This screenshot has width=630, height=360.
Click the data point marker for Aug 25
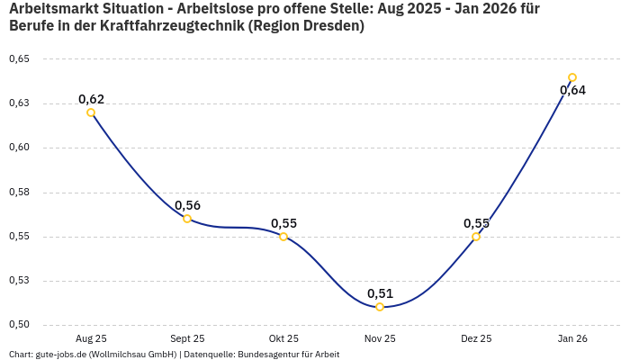pyautogui.click(x=91, y=112)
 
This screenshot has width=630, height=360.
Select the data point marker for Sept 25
pyautogui.click(x=187, y=219)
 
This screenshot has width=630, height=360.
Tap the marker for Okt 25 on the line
pyautogui.click(x=283, y=237)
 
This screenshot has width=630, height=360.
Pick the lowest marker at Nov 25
pyautogui.click(x=380, y=307)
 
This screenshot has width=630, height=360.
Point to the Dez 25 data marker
pyautogui.click(x=476, y=237)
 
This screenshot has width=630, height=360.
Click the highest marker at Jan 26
pyautogui.click(x=572, y=77)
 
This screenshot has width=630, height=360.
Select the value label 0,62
pyautogui.click(x=91, y=99)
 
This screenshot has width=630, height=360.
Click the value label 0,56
pyautogui.click(x=187, y=205)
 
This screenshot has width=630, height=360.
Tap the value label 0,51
pyautogui.click(x=380, y=293)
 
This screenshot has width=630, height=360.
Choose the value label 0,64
pyautogui.click(x=572, y=90)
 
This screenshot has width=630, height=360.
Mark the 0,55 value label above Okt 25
pyautogui.click(x=283, y=223)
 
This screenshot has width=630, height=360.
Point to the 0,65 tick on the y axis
pyautogui.click(x=19, y=59)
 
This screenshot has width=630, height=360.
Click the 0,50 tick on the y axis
pyautogui.click(x=19, y=325)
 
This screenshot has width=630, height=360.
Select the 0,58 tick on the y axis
pyautogui.click(x=19, y=192)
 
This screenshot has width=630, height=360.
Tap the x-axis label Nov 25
pyautogui.click(x=380, y=338)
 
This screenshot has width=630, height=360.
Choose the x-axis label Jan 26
pyautogui.click(x=572, y=338)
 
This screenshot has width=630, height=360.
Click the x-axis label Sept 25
pyautogui.click(x=187, y=338)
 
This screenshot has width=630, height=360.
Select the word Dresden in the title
pyautogui.click(x=329, y=25)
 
